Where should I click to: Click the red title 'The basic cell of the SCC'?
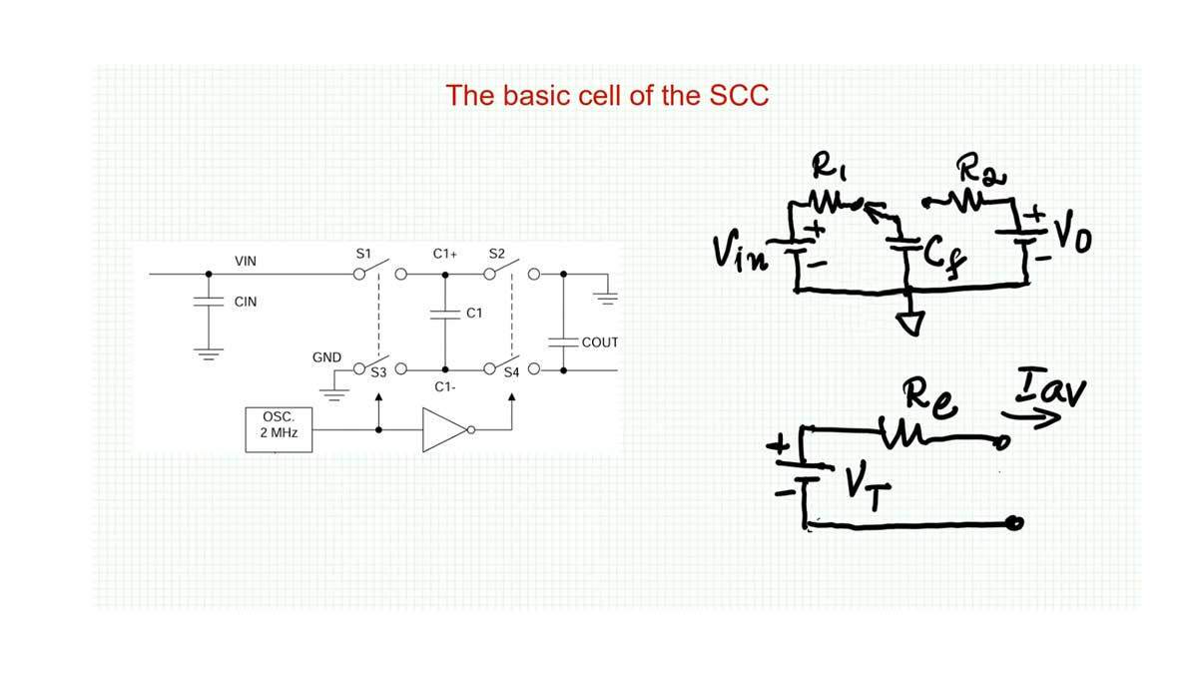[x=607, y=96]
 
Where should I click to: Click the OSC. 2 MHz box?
[x=279, y=426]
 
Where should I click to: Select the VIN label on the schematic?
[x=246, y=262]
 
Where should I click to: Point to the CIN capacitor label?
[x=246, y=302]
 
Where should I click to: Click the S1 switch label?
[x=363, y=255]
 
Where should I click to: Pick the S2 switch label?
[x=497, y=255]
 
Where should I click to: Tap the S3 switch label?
[x=378, y=373]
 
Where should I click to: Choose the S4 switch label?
[x=512, y=373]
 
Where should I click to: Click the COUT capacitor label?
[x=600, y=342]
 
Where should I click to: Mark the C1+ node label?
[x=445, y=255]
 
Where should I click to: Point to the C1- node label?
[x=445, y=386]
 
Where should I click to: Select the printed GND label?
[x=327, y=356]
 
